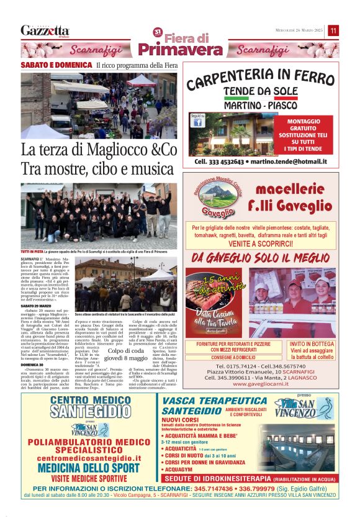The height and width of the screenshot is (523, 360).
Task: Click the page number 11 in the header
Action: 333,30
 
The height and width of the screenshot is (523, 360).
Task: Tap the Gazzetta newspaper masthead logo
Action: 45,31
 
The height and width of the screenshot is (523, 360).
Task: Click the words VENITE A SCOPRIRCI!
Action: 264,245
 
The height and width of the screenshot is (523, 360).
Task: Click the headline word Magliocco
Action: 115,151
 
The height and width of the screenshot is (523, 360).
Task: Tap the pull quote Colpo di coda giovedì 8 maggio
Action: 126,354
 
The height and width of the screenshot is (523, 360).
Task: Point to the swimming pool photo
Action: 297,448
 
